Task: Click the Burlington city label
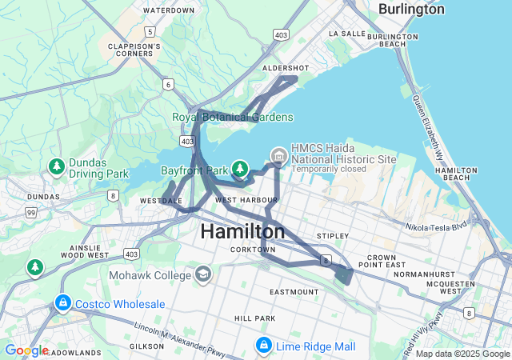click(411, 8)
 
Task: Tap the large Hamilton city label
click(242, 232)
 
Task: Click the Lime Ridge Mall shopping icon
click(263, 346)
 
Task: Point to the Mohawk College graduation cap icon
click(203, 275)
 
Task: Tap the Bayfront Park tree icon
click(239, 169)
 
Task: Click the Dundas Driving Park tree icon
click(56, 166)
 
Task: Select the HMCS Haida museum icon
click(278, 154)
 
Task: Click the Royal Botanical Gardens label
click(233, 118)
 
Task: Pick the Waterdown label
click(168, 10)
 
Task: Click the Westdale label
click(160, 200)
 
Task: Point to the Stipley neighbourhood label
click(332, 236)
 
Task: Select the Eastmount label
click(294, 292)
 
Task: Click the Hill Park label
click(254, 318)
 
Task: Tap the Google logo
click(26, 350)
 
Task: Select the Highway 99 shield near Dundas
click(31, 212)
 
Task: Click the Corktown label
click(253, 250)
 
